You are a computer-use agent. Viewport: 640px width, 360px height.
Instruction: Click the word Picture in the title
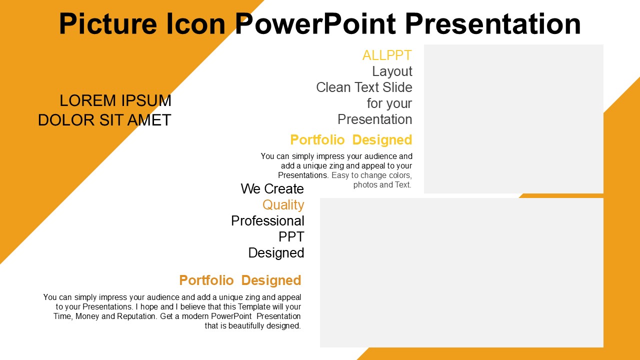click(108, 23)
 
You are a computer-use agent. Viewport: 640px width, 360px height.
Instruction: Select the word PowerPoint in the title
click(315, 23)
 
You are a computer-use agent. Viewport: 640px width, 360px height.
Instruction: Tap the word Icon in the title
click(196, 23)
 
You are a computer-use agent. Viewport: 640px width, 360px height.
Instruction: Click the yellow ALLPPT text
click(387, 55)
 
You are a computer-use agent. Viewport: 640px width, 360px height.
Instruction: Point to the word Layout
click(392, 71)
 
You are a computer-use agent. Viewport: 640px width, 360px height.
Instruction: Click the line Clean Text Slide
click(364, 87)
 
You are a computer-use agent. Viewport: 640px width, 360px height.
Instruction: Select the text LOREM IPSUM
click(115, 100)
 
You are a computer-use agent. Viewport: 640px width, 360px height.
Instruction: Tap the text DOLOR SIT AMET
click(104, 120)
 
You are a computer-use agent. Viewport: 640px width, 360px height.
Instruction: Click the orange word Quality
click(283, 205)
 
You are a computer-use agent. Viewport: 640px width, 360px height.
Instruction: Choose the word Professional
click(267, 221)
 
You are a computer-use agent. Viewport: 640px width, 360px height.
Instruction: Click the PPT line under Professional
click(291, 237)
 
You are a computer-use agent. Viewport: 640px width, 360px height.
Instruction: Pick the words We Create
click(272, 189)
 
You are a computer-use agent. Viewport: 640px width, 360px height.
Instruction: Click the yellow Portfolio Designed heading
click(351, 140)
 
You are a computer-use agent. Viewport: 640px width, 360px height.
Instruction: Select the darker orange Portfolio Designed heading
click(240, 280)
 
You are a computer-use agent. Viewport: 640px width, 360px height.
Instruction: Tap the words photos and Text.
click(382, 185)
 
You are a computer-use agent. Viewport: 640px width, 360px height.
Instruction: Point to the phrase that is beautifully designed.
click(253, 325)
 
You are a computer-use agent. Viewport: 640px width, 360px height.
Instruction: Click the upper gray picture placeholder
click(513, 119)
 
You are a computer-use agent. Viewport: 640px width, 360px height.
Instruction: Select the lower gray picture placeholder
click(461, 273)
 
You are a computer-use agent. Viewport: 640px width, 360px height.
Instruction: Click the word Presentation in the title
click(493, 23)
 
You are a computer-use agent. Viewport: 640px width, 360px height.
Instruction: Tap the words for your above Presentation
click(389, 103)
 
